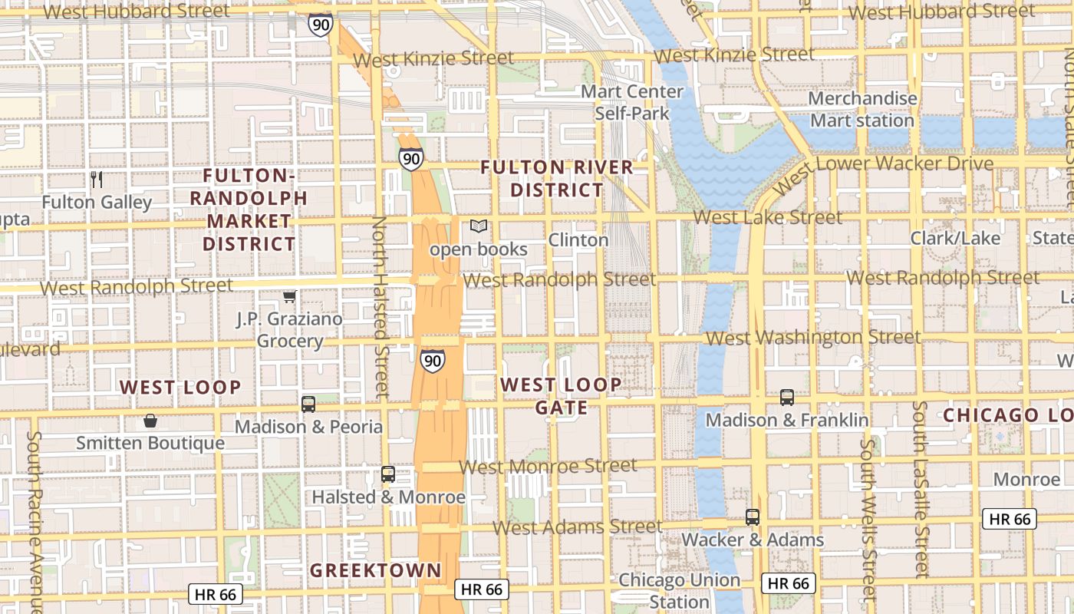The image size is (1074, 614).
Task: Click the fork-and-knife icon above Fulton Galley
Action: [97, 180]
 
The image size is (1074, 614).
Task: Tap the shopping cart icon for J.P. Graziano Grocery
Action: [289, 296]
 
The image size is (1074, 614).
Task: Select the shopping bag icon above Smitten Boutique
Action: [150, 421]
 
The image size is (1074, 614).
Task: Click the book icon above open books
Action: [479, 226]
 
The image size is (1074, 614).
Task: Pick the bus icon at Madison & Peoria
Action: [308, 404]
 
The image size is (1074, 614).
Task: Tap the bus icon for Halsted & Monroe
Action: [388, 474]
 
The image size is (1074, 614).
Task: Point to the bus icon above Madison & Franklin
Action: [787, 398]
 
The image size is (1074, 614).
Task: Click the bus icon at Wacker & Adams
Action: [753, 517]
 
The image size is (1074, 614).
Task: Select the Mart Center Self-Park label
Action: [632, 102]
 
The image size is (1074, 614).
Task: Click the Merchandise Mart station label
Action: [862, 110]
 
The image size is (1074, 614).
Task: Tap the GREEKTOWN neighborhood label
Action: [376, 570]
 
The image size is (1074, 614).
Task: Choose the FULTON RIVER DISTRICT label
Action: [557, 178]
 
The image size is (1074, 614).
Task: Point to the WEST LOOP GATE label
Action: [561, 396]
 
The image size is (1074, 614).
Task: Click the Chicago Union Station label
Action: [680, 590]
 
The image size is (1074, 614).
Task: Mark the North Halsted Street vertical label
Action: [380, 307]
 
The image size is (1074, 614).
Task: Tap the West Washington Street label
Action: [813, 338]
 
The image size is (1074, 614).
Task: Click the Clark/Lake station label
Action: [955, 239]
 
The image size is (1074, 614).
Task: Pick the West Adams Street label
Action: [577, 527]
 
